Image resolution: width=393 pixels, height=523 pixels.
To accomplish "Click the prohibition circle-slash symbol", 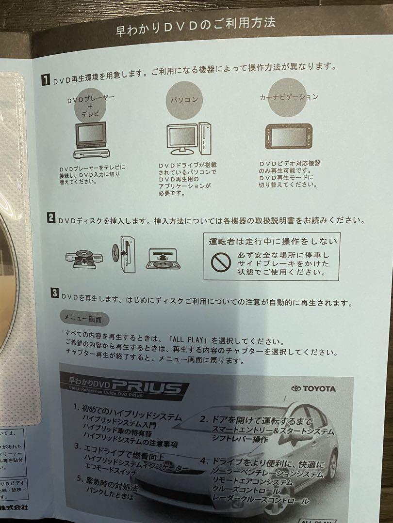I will (x=219, y=262).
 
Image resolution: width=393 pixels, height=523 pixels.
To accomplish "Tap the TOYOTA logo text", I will (x=313, y=388).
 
